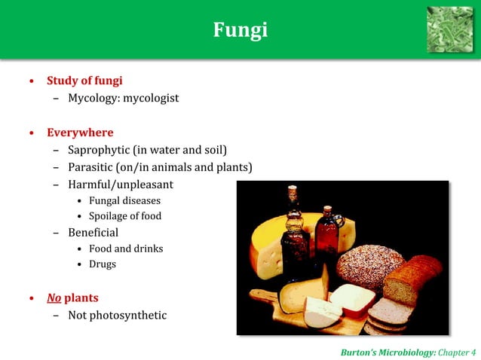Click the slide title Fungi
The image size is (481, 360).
[x=240, y=30]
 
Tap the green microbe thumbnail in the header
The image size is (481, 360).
[x=449, y=29]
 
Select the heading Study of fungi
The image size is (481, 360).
[x=84, y=81]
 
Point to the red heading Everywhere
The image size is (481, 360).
[x=80, y=133]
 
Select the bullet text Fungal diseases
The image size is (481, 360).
[x=124, y=200]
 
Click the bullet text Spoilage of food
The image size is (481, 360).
[x=125, y=216]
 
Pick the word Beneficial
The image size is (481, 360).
[x=93, y=233]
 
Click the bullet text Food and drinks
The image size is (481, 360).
[x=126, y=249]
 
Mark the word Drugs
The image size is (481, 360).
[x=103, y=264]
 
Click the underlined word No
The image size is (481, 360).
[x=54, y=297]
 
